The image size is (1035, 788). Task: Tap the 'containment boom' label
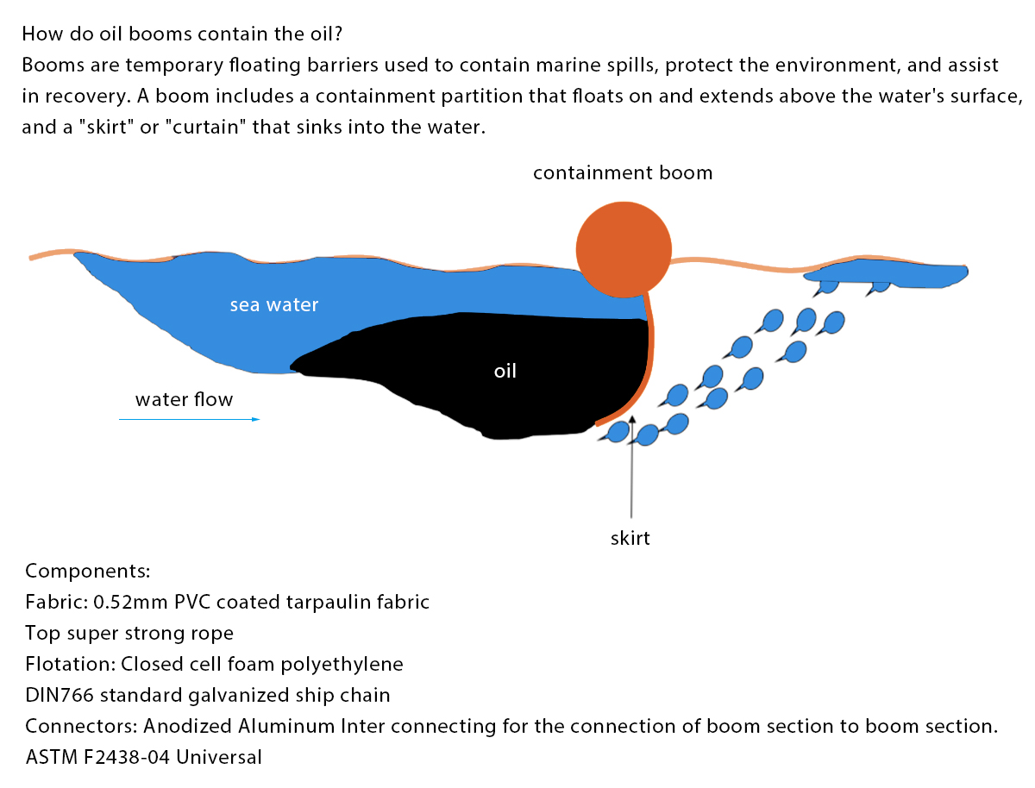623,172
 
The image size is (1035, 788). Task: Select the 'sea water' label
274,304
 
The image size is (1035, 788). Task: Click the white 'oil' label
505,372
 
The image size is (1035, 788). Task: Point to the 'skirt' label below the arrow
630,539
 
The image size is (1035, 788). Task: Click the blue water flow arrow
189,419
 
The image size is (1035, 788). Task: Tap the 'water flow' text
184,400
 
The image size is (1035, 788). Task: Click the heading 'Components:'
88,571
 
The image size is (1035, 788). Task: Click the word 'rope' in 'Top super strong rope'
214,633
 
